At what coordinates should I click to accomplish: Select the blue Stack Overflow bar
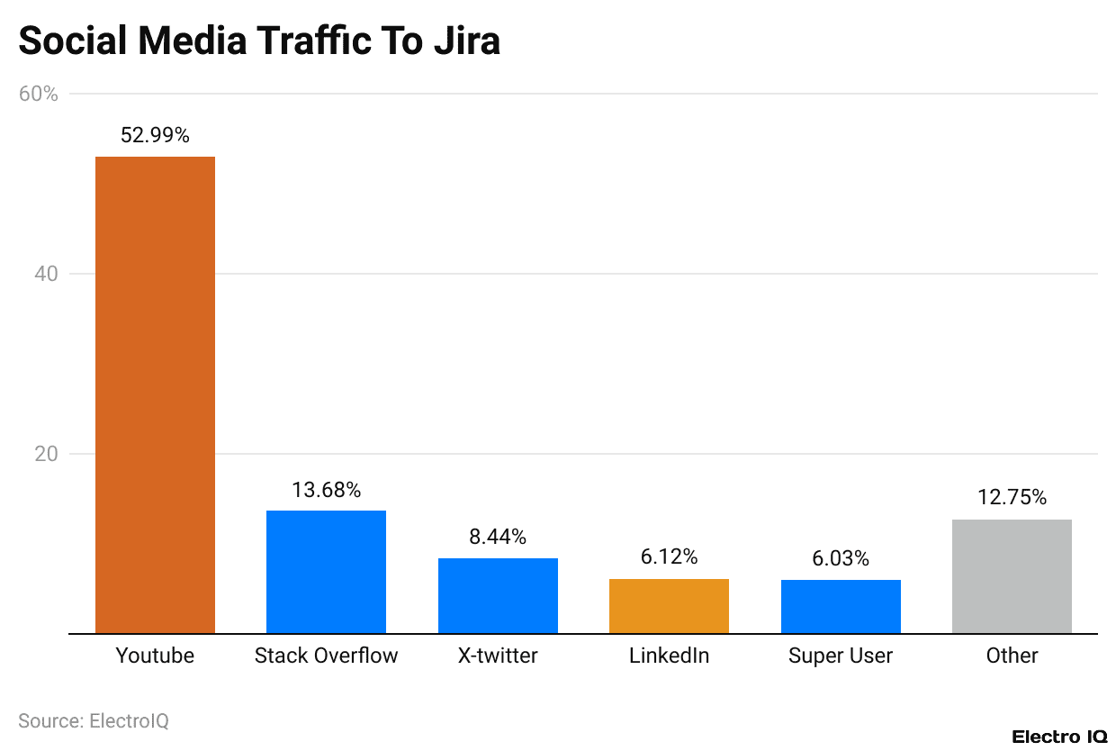tap(326, 572)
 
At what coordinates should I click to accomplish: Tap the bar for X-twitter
tap(498, 595)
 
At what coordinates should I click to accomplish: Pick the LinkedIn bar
tap(669, 606)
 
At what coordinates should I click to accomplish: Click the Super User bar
tap(841, 606)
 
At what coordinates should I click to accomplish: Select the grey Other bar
tap(1012, 576)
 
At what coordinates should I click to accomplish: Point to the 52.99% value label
tap(155, 135)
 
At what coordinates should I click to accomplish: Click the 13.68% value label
tap(326, 490)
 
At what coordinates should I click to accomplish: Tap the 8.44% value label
tap(498, 537)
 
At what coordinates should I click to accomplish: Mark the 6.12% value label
tap(669, 557)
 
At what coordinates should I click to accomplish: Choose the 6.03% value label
tap(841, 558)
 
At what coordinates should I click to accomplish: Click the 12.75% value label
tap(1012, 497)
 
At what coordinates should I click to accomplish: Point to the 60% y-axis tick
tap(39, 94)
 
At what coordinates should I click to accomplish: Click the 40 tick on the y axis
tap(47, 274)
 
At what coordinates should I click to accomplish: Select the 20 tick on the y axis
tap(47, 454)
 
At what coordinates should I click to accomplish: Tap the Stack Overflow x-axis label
tap(326, 656)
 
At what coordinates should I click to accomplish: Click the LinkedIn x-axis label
tap(669, 656)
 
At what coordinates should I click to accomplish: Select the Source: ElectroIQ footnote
tap(94, 720)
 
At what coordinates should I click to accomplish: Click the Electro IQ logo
tap(1058, 737)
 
